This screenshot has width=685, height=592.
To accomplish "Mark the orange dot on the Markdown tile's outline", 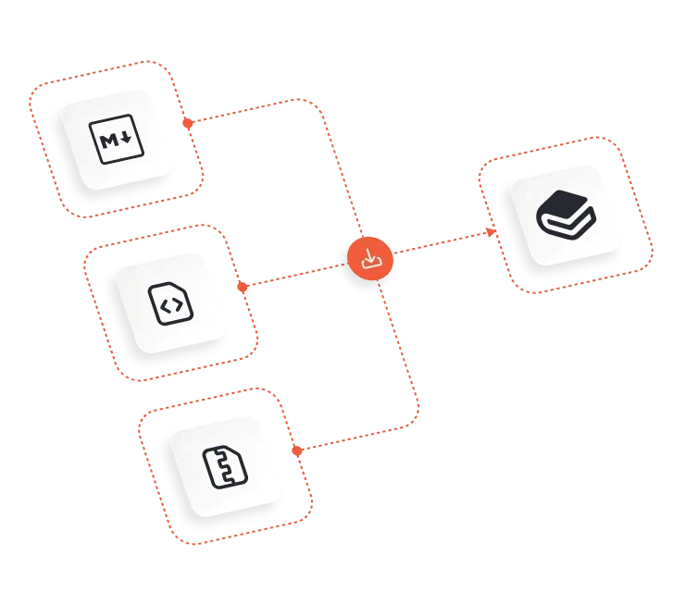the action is tap(187, 123).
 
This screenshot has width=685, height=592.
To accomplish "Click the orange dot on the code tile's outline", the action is tap(243, 288).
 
